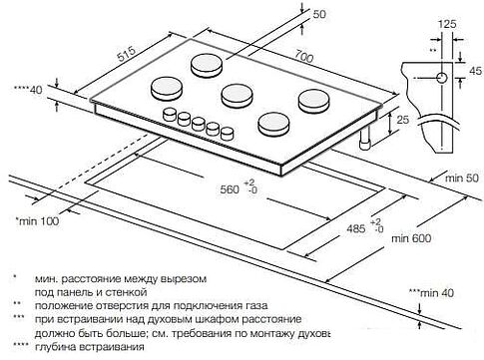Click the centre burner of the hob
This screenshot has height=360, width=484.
[x=238, y=95]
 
